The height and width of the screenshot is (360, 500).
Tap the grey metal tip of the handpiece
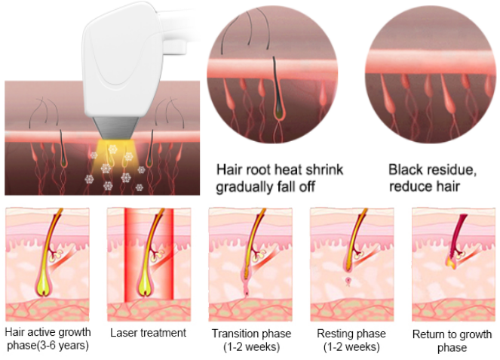tap(115, 128)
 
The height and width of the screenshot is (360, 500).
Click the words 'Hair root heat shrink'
tap(280, 170)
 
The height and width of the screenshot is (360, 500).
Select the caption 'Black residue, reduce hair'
tap(432, 178)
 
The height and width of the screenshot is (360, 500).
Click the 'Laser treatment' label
tap(148, 333)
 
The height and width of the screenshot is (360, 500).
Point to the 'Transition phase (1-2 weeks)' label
tap(251, 340)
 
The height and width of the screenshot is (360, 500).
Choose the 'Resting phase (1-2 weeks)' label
tap(351, 340)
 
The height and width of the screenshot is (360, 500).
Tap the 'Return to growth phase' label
tap(452, 341)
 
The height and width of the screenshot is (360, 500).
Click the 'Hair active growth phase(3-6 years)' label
tap(48, 339)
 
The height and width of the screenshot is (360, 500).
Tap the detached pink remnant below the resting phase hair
tap(348, 282)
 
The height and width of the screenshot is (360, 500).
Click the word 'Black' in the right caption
tap(403, 170)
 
